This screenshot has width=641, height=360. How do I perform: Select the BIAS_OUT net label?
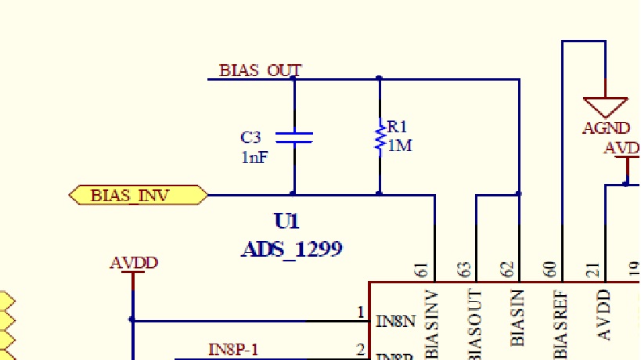point(260,70)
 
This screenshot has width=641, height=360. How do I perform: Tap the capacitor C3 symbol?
point(294,137)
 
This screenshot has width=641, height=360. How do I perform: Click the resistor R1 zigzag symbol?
point(380,137)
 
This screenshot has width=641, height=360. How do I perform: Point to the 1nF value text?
point(254,157)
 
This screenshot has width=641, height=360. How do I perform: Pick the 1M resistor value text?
point(399,146)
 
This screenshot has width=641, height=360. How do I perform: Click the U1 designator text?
point(286,221)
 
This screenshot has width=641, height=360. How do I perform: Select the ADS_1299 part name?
point(291,249)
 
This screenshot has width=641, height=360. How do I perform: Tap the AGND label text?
point(606,128)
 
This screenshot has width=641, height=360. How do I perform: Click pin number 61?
point(423,271)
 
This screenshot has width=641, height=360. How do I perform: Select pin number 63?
point(466,271)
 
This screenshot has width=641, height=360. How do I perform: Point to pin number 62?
point(508,271)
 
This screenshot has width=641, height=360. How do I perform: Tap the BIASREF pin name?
point(560,325)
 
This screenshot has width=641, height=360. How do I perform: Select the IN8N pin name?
point(394,321)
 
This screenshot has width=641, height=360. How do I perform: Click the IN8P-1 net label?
point(233,349)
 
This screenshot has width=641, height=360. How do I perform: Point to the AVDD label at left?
point(134,262)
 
